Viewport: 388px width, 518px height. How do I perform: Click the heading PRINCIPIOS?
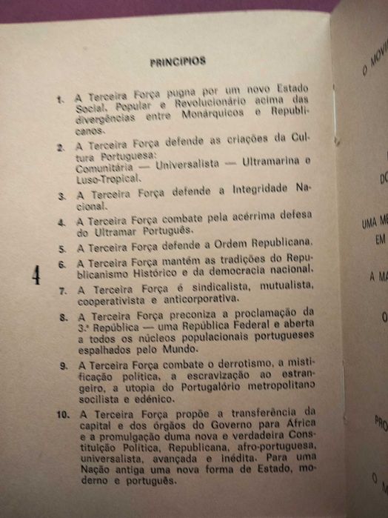pyautogui.click(x=178, y=62)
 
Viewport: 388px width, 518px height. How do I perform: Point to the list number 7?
pyautogui.click(x=65, y=289)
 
